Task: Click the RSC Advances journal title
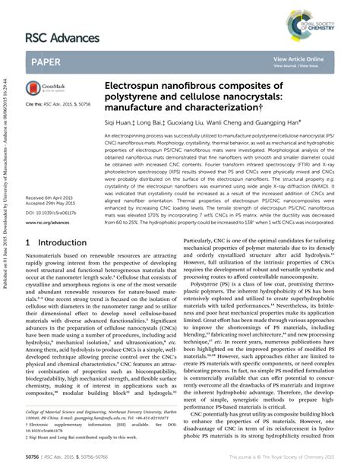[x=63, y=38]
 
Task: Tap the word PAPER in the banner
[x=49, y=62]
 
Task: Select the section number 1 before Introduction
[x=29, y=242]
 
